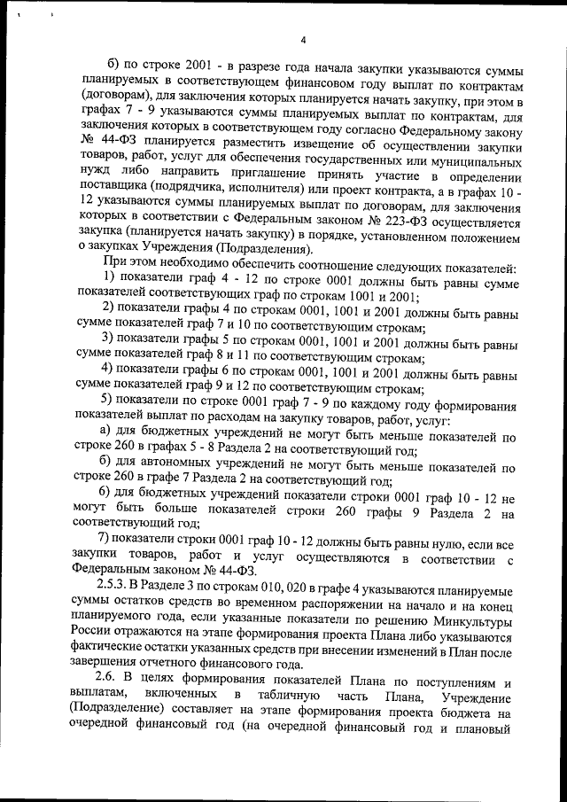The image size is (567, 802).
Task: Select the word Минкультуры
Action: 479,621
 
